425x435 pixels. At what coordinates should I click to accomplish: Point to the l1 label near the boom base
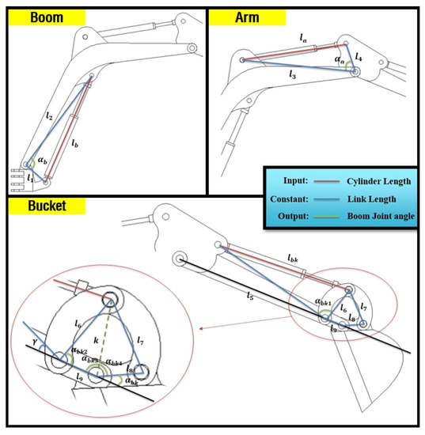click(29, 178)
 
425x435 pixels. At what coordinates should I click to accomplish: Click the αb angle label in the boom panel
click(43, 161)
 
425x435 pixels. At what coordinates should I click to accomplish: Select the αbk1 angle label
click(324, 301)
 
